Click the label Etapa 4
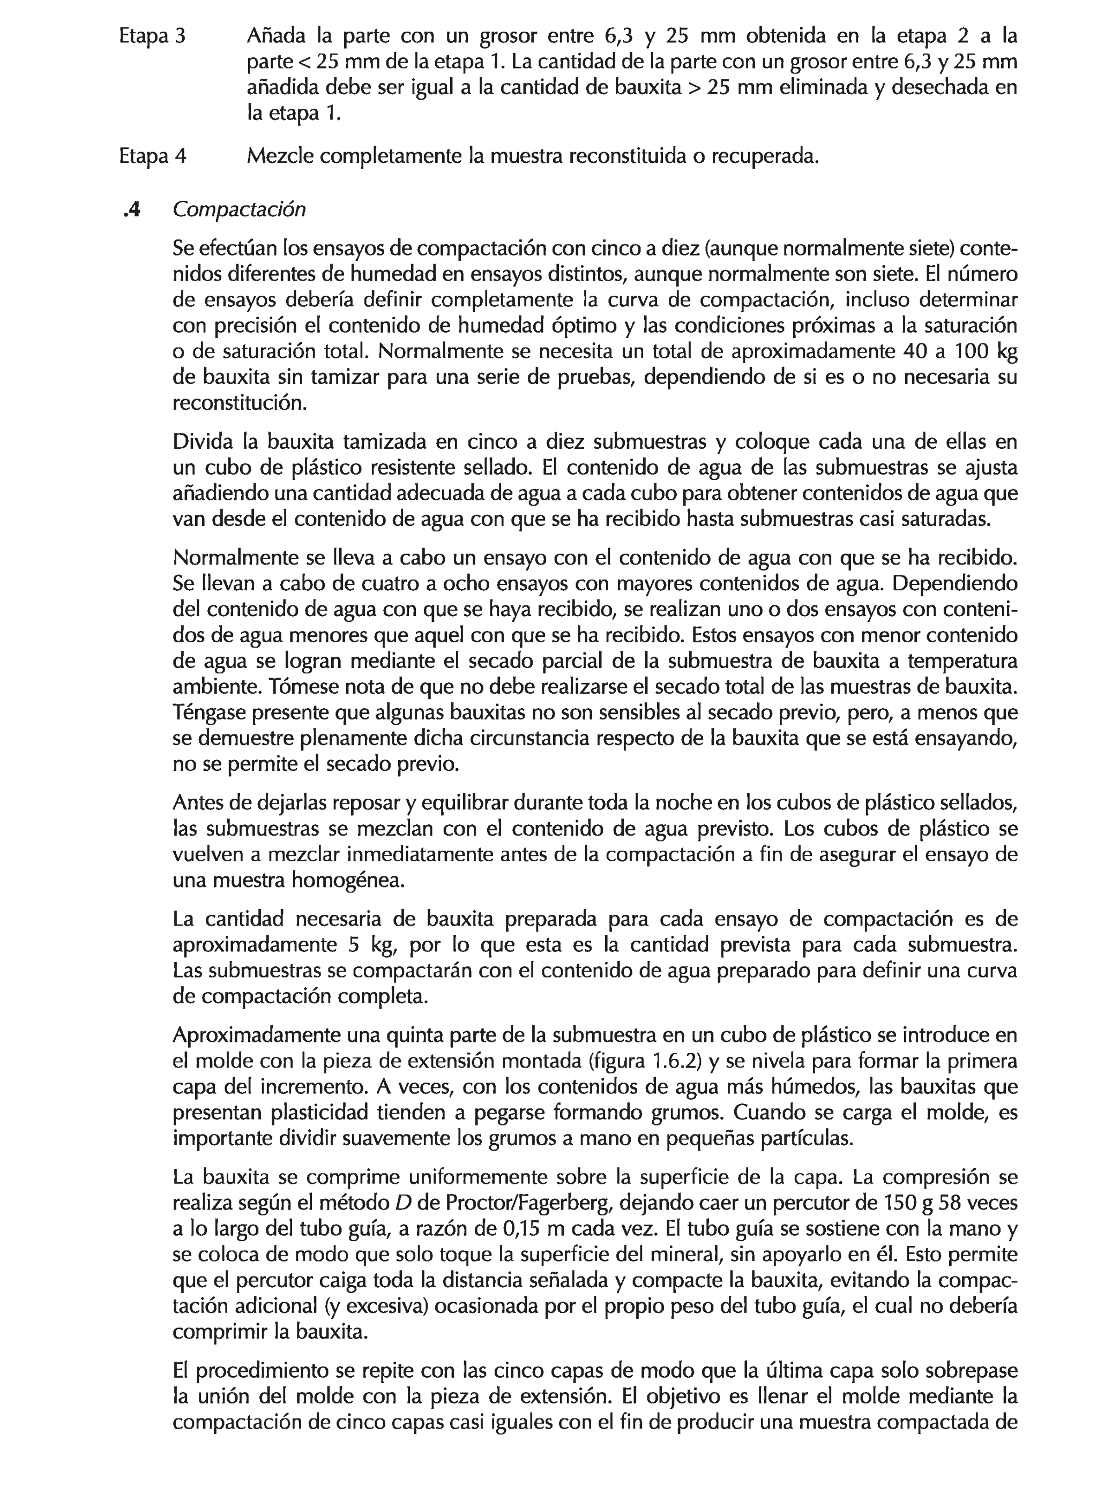click(152, 156)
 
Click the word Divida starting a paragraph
click(204, 442)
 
